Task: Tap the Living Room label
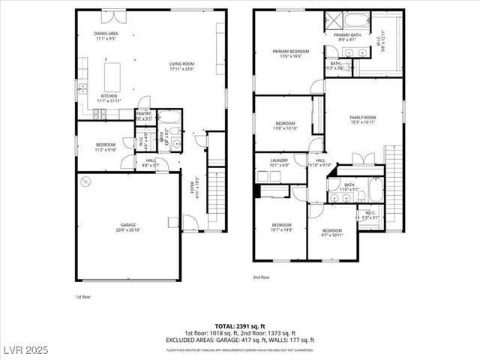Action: tap(181, 66)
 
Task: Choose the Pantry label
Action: tap(143, 115)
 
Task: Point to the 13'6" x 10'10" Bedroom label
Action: tap(285, 125)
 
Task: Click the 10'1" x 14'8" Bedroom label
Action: tap(281, 226)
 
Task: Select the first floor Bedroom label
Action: tap(105, 147)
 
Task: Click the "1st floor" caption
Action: tap(82, 297)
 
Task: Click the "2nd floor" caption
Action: tap(261, 277)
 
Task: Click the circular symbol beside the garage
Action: tap(86, 181)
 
